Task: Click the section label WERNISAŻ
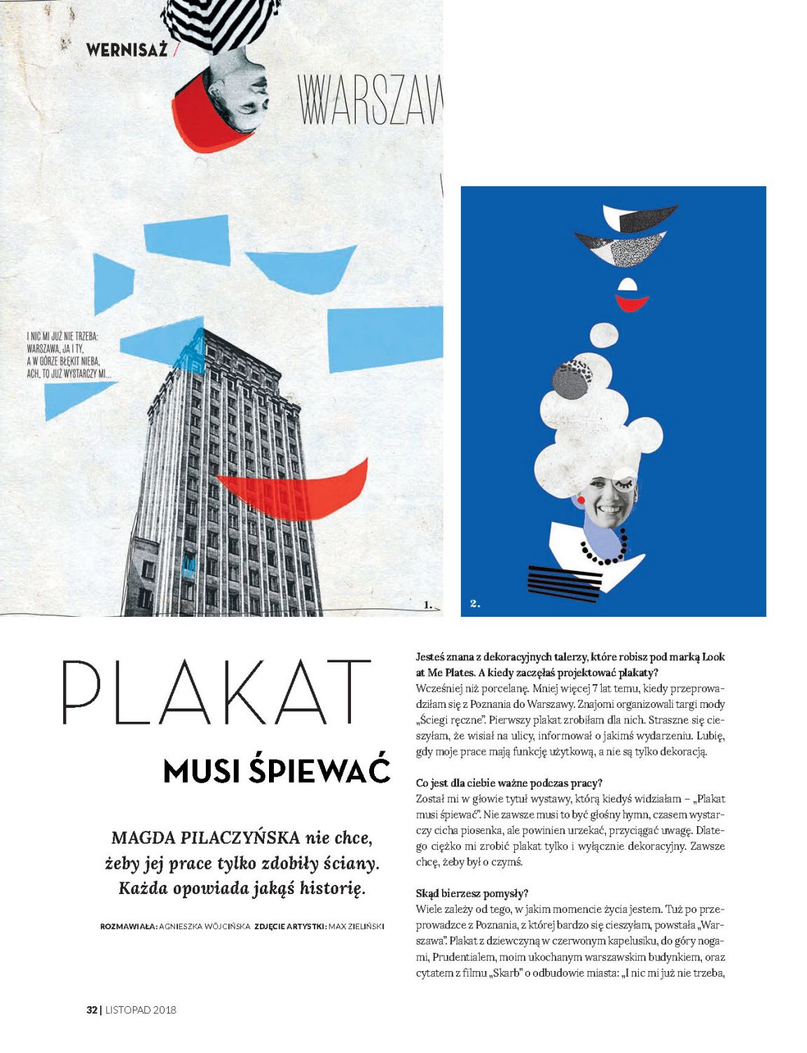tap(126, 50)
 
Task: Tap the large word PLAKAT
tap(216, 693)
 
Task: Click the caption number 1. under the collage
tap(427, 604)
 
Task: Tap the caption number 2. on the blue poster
tap(475, 604)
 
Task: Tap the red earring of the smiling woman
tap(581, 500)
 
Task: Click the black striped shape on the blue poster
tap(565, 583)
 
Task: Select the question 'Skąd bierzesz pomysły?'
tap(471, 893)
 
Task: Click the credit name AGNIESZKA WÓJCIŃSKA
tap(205, 926)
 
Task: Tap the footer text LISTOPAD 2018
tap(141, 1010)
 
